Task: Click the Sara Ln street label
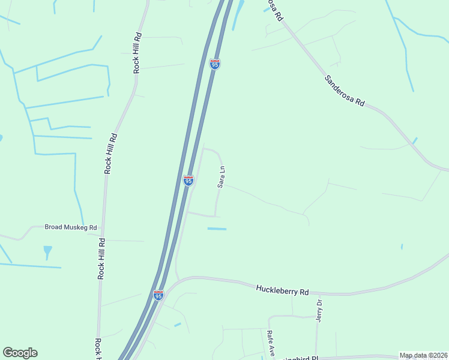221,177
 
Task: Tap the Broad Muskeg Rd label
71,227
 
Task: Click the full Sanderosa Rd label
345,91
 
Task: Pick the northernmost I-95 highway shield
215,64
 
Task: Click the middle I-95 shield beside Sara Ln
188,180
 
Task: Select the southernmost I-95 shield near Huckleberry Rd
158,295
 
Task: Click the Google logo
20,353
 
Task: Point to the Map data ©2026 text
423,355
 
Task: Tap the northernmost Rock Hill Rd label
137,53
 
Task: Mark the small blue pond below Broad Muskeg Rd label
47,250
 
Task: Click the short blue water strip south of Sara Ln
217,229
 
